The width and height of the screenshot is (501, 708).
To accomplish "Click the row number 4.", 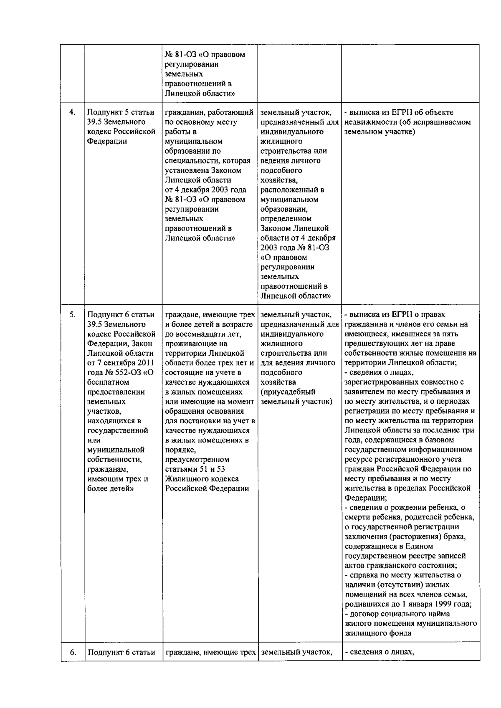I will (x=72, y=112).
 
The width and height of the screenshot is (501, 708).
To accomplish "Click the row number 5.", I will (x=72, y=314).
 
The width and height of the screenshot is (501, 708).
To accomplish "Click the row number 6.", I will (x=72, y=652).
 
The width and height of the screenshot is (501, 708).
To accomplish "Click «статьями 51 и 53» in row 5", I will (x=195, y=469).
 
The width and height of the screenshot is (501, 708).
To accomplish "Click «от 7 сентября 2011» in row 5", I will (x=121, y=363).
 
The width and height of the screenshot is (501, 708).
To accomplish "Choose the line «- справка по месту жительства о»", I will (x=403, y=575).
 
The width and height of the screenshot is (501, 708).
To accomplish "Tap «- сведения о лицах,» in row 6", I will (x=379, y=652).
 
